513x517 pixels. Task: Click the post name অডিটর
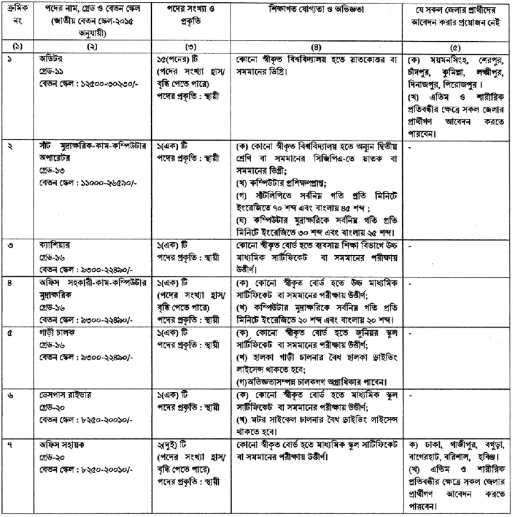tap(51, 59)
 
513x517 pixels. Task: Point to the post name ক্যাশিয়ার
tap(56, 246)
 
